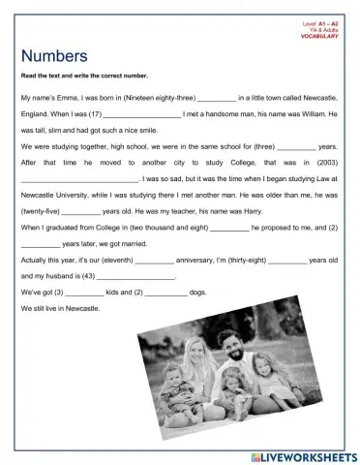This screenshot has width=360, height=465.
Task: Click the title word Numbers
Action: click(54, 56)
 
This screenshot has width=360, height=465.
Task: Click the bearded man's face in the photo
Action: click(229, 343)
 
